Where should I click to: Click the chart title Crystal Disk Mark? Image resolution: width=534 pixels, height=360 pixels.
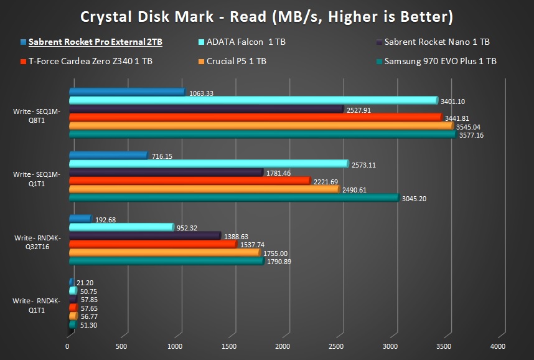(x=266, y=16)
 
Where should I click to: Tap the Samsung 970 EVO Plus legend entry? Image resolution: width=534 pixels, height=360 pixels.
(x=440, y=61)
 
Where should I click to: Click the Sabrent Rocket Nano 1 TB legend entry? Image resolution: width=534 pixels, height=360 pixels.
(x=436, y=42)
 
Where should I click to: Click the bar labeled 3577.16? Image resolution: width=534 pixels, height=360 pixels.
(x=261, y=134)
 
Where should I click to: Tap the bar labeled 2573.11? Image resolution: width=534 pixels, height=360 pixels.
(x=208, y=164)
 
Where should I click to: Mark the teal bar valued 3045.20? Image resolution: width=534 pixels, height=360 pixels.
(x=233, y=197)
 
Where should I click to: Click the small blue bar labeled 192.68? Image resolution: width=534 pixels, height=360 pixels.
(x=80, y=219)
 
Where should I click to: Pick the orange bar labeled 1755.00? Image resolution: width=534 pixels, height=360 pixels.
(x=163, y=252)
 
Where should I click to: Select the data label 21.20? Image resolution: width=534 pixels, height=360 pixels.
(x=85, y=283)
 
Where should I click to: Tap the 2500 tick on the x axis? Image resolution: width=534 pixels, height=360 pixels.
(x=336, y=346)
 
